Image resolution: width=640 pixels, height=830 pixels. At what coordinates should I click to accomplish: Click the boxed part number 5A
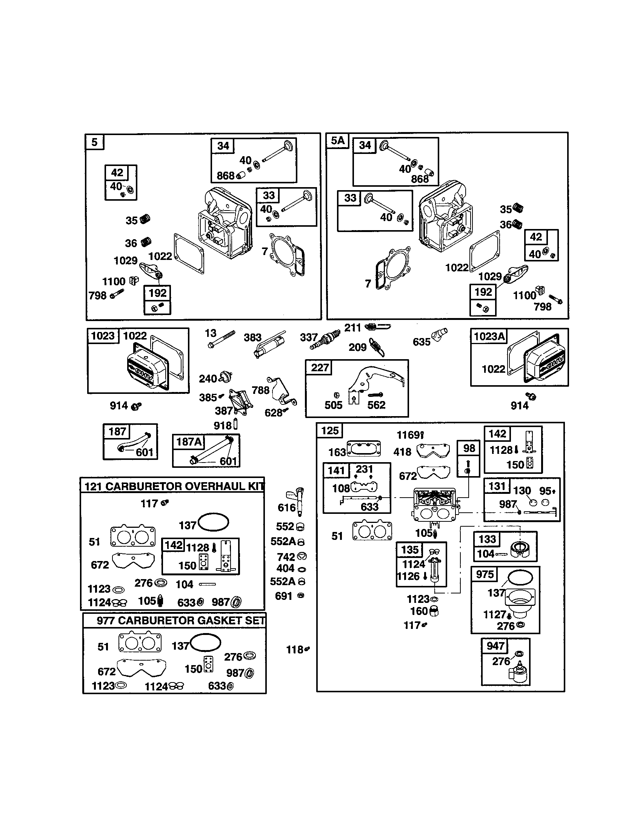337,141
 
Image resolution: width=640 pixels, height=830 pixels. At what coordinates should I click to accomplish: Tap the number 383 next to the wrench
252,338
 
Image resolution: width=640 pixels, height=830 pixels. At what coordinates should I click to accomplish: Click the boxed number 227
320,367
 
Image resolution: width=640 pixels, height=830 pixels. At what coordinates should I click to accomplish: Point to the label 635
422,342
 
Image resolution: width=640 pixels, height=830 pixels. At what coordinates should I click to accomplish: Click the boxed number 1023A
489,336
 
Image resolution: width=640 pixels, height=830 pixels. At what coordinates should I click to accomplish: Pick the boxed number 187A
189,442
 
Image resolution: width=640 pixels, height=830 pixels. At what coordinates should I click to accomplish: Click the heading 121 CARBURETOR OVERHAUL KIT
174,486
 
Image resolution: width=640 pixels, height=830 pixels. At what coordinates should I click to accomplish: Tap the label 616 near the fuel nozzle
286,508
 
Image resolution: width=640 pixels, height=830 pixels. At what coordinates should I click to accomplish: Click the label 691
283,596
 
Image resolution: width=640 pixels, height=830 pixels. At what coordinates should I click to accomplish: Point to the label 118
295,650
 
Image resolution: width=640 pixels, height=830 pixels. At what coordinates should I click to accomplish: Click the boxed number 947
495,646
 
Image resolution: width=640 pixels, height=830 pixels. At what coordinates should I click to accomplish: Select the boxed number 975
485,574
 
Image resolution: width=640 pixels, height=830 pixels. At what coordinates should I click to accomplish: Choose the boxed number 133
487,539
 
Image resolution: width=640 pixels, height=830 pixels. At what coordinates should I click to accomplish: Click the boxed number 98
469,448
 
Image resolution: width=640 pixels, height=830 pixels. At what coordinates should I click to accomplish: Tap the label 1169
408,435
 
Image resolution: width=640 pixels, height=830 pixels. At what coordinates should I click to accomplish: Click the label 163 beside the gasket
337,452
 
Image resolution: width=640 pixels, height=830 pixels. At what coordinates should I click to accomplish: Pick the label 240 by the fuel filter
208,378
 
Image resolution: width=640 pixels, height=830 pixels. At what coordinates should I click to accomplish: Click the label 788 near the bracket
260,390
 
